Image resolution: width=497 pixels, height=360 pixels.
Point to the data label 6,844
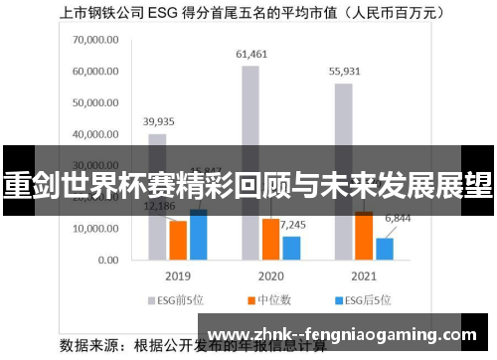coord(398,217)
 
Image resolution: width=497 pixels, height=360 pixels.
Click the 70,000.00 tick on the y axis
coord(96,41)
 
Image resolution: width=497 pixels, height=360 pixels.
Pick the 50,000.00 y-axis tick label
coord(96,103)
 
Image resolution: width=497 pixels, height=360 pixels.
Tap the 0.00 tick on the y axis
coord(108,260)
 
